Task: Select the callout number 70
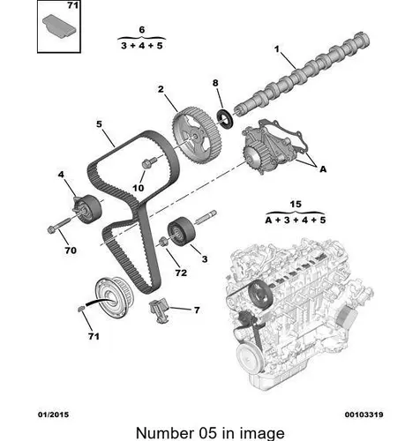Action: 71,250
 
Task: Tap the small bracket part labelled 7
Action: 160,310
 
